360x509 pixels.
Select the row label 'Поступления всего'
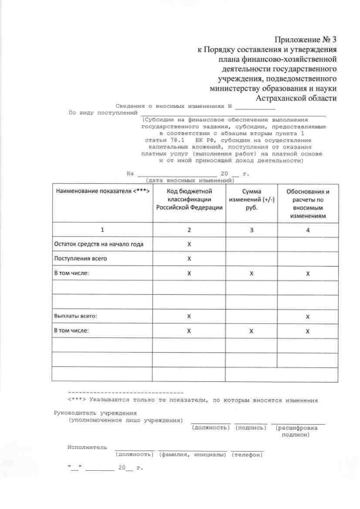click(x=80, y=259)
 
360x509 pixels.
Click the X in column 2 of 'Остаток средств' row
click(x=189, y=244)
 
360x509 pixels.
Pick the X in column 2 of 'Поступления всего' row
click(x=189, y=259)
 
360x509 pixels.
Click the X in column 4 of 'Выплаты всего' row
click(x=308, y=317)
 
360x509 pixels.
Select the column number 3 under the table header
click(x=251, y=230)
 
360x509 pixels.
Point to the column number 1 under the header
click(x=102, y=230)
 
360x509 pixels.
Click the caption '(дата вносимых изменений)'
click(x=189, y=181)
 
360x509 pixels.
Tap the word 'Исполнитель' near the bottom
click(x=87, y=447)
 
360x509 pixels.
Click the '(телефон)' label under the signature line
click(x=246, y=454)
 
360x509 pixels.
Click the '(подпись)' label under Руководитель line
click(x=250, y=427)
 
